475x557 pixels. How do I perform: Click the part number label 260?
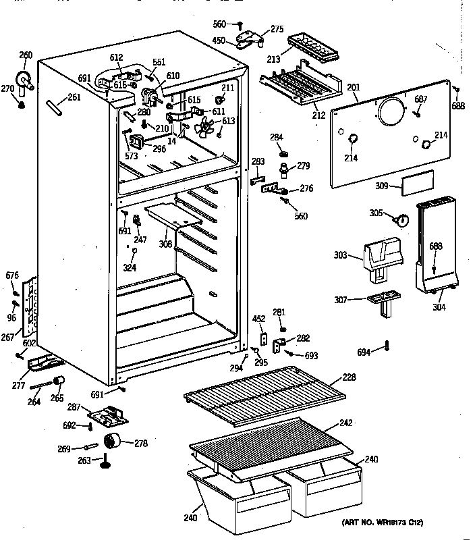coord(26,55)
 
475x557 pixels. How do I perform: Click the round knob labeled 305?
coord(401,219)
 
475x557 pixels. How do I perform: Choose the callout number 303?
coord(340,256)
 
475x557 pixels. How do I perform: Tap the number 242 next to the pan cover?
coord(346,424)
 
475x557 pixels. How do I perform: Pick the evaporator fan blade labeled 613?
coord(205,126)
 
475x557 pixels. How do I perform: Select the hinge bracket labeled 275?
coord(249,39)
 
